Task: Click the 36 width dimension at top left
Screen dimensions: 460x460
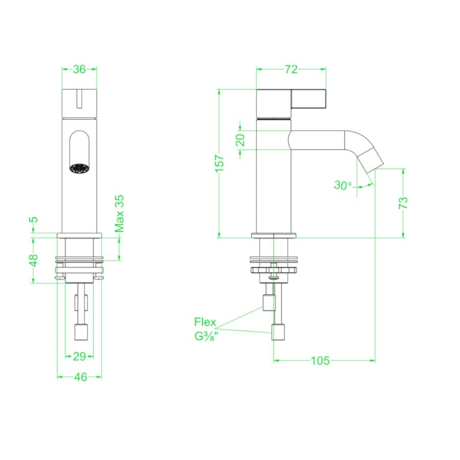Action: pos(79,70)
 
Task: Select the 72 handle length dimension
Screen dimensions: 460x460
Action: pos(291,70)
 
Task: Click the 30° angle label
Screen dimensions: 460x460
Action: pos(343,185)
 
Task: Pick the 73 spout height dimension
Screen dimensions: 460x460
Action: pos(403,202)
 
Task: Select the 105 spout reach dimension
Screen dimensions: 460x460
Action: pos(320,361)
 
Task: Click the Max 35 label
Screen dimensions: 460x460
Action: pos(120,214)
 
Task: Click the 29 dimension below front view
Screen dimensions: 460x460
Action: pos(79,356)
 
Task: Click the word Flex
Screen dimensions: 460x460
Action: pos(205,323)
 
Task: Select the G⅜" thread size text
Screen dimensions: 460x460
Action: pos(205,337)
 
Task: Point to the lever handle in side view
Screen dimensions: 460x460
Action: pos(309,99)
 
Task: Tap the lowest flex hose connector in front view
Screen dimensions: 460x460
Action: pos(82,333)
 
